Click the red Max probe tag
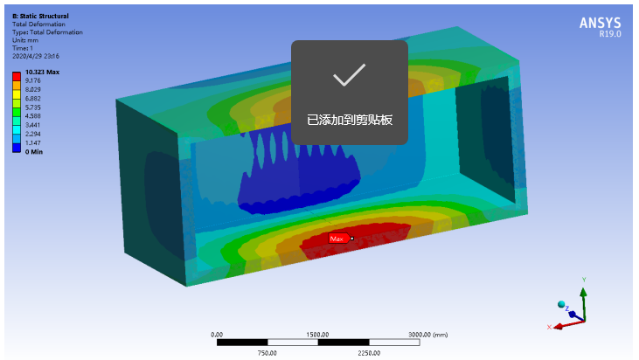pos(338,239)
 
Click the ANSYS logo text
pos(600,23)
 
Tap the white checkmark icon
pos(350,75)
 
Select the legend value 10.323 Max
pos(42,72)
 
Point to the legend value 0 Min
pos(34,152)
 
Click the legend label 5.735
pos(33,107)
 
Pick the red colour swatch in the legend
pos(17,76)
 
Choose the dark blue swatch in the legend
pos(17,148)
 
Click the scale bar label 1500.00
pos(317,335)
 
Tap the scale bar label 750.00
pos(267,353)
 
